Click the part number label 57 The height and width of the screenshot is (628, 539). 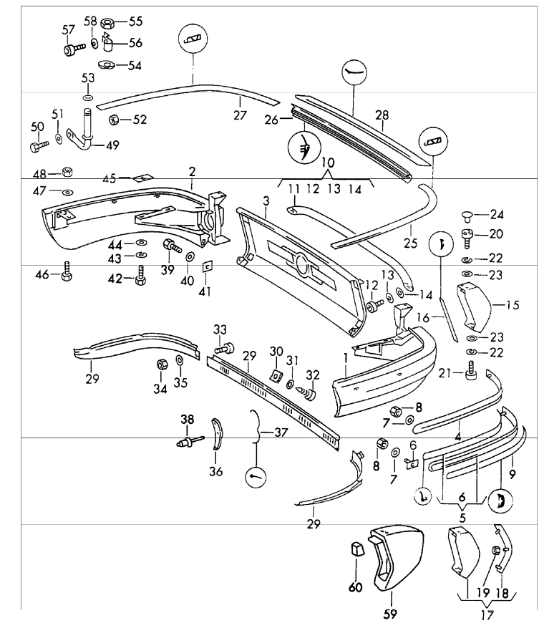pyautogui.click(x=69, y=29)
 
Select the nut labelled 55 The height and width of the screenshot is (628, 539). pyautogui.click(x=105, y=22)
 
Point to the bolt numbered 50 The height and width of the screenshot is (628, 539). pyautogui.click(x=37, y=148)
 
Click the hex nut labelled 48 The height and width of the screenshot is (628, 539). pyautogui.click(x=65, y=173)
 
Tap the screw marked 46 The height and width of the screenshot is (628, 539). pyautogui.click(x=66, y=274)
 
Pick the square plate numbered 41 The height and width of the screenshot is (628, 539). pyautogui.click(x=207, y=266)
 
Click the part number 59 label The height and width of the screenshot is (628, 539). pyautogui.click(x=392, y=613)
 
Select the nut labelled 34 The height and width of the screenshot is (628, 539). pyautogui.click(x=162, y=365)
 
